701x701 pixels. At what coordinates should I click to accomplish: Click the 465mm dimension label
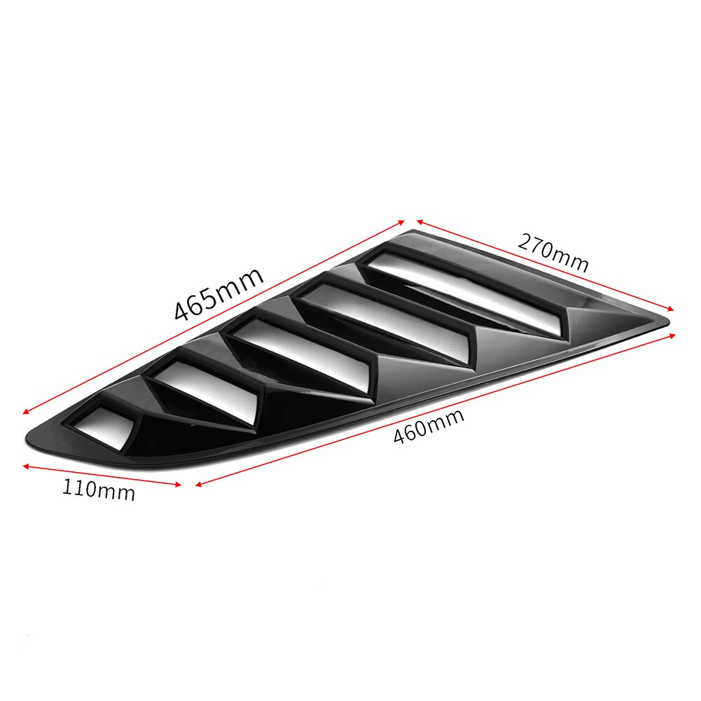point(218,293)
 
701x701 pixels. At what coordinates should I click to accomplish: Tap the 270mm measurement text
point(553,252)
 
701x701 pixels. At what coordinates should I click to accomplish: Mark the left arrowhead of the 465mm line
point(27,412)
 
